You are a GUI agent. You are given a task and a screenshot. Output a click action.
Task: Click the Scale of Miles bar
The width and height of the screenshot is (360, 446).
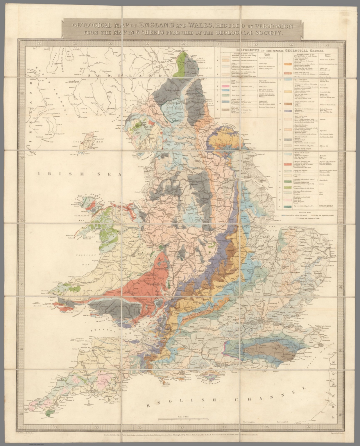[183, 419]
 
